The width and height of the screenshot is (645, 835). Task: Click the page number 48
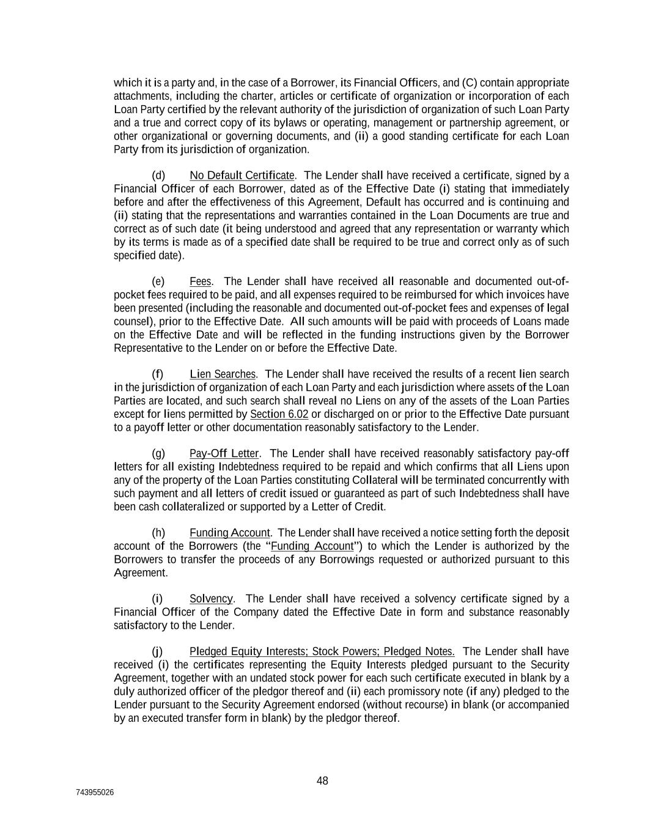tap(322, 781)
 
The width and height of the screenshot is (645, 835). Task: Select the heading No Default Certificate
tap(242, 176)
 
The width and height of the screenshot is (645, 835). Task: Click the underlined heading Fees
tap(200, 281)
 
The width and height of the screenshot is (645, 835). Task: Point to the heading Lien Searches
tap(223, 374)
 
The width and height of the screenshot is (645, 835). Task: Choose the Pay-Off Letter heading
tap(224, 453)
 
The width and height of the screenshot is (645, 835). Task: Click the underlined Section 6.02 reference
tap(279, 414)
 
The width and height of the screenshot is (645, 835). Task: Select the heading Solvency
tap(211, 598)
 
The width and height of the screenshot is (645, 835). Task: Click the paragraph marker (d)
tap(158, 176)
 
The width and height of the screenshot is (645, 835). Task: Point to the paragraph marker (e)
tap(158, 281)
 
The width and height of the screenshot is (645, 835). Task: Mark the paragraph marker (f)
tap(158, 374)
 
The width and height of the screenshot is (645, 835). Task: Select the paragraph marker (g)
tap(158, 453)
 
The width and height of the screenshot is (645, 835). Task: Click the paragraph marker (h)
tap(158, 533)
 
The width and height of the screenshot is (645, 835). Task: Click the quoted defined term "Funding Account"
tap(312, 546)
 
